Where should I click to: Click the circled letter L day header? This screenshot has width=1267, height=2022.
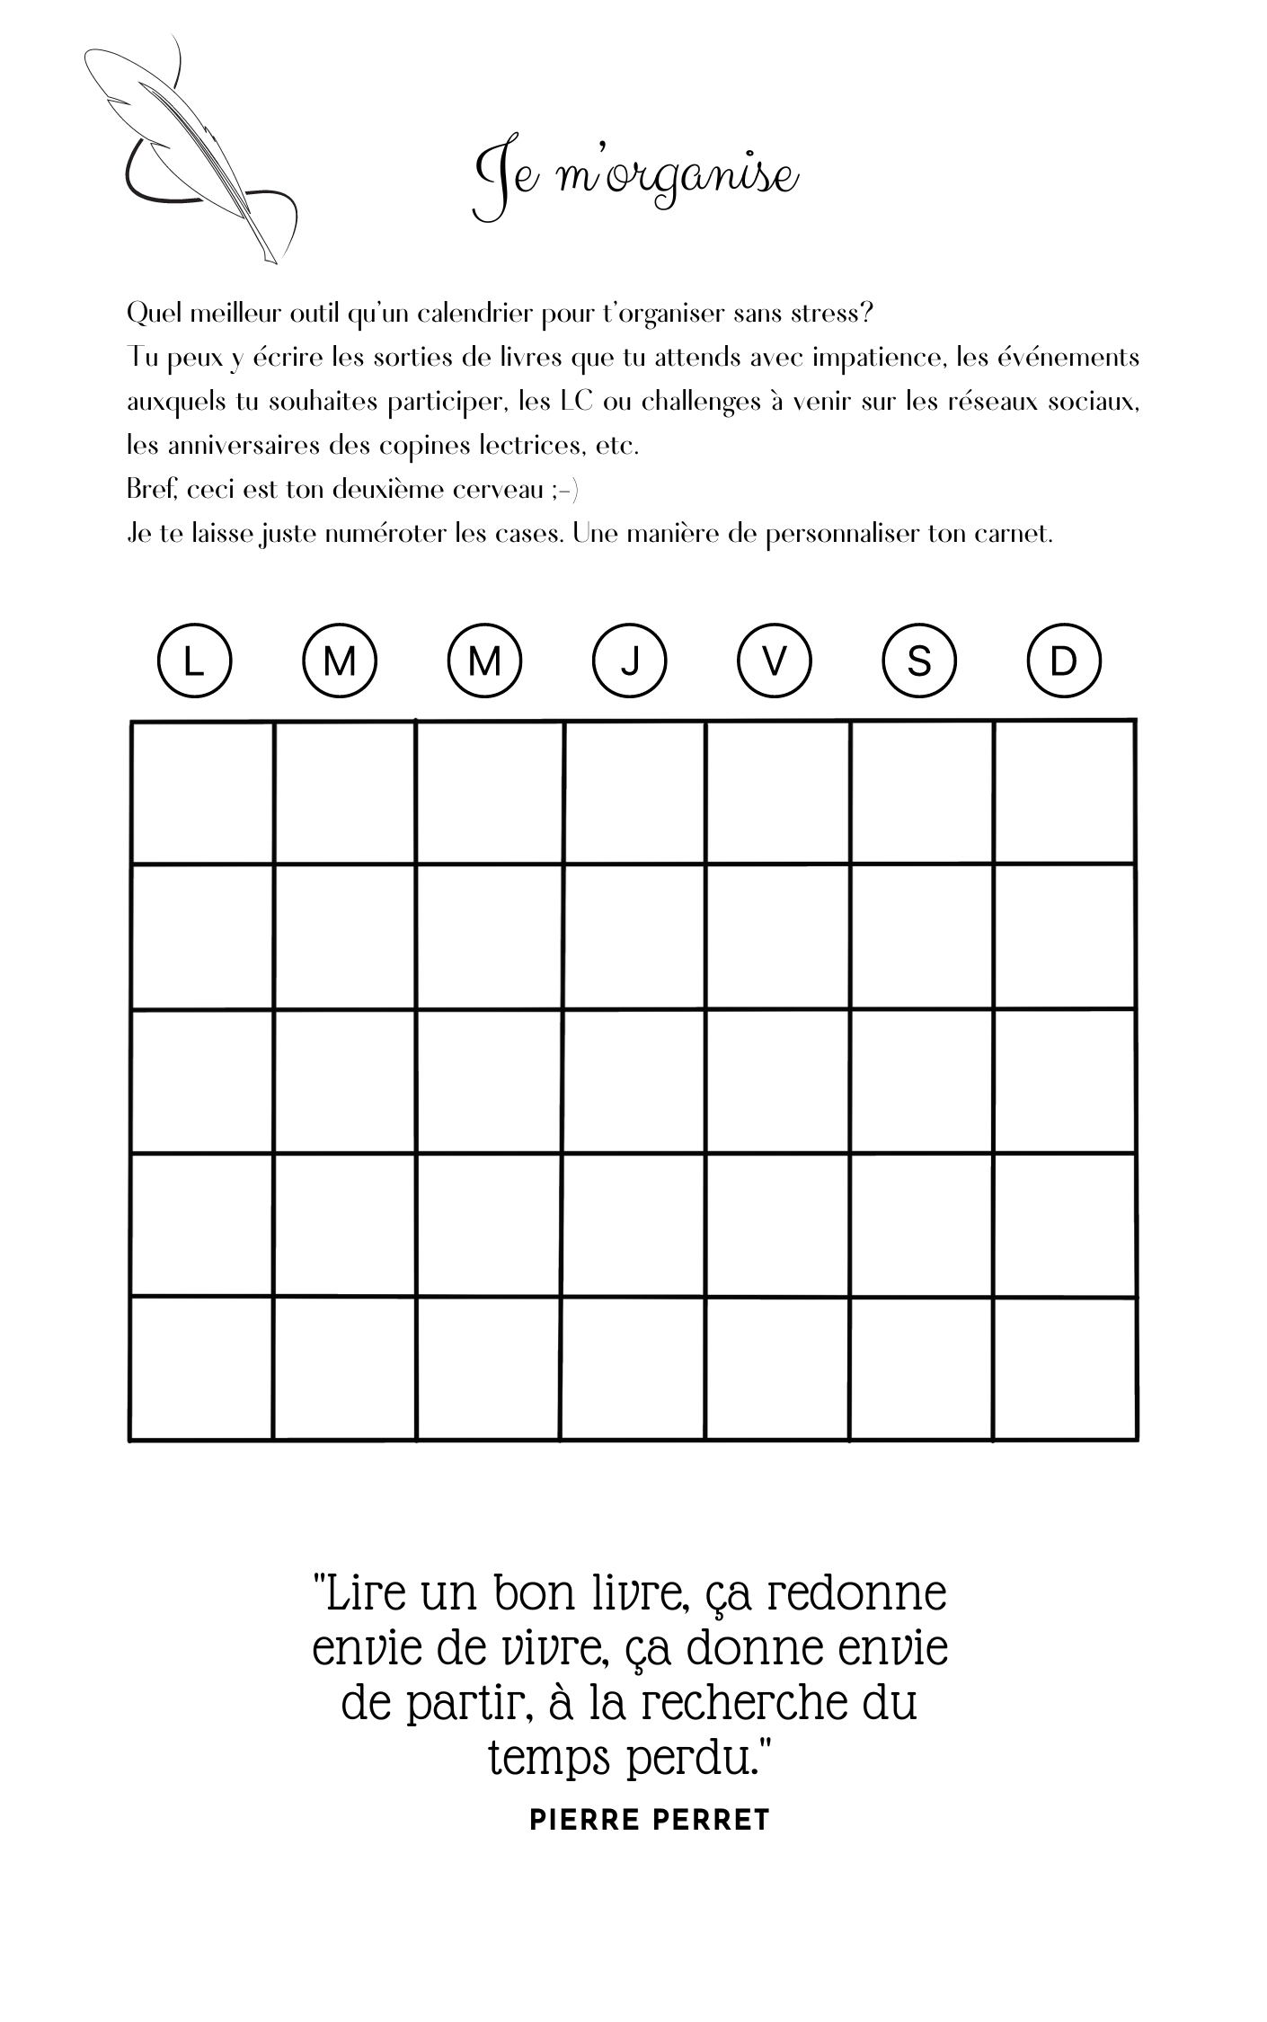click(x=194, y=661)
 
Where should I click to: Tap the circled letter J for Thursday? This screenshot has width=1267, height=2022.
click(x=629, y=661)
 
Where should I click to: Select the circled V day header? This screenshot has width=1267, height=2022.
click(x=774, y=661)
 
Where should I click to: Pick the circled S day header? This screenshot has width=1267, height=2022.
click(x=918, y=661)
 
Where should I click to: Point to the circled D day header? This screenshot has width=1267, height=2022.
click(x=1063, y=661)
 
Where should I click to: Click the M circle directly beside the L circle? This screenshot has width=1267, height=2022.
click(x=339, y=661)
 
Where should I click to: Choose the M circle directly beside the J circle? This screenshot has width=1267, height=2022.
click(x=484, y=661)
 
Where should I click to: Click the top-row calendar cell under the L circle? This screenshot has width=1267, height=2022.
click(x=202, y=792)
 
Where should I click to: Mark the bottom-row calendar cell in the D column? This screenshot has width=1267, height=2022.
click(x=1065, y=1368)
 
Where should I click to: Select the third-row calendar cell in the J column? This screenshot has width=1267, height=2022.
click(x=634, y=1081)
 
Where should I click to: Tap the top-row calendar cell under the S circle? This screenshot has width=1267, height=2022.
click(x=922, y=792)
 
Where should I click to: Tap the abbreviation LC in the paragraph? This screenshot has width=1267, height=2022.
click(x=576, y=402)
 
